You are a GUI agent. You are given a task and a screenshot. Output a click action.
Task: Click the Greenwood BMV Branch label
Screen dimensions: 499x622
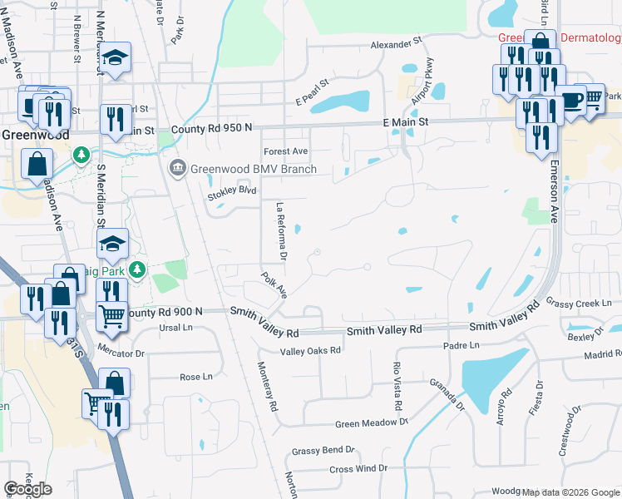pyautogui.click(x=254, y=170)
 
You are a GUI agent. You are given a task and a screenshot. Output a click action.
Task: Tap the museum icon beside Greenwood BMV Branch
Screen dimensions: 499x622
pyautogui.click(x=177, y=169)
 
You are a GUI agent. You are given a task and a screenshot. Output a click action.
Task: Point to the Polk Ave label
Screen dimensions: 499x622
pyautogui.click(x=274, y=284)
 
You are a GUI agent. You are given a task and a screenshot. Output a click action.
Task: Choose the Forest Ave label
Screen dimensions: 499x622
pyautogui.click(x=286, y=151)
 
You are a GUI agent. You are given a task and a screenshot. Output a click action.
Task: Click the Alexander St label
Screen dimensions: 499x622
pyautogui.click(x=397, y=43)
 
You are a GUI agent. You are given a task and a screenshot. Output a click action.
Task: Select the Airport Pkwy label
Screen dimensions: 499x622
pyautogui.click(x=422, y=86)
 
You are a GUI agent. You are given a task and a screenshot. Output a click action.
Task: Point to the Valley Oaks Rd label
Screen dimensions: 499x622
pyautogui.click(x=310, y=350)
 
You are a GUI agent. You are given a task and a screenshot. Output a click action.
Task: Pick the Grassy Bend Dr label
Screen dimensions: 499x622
pyautogui.click(x=323, y=451)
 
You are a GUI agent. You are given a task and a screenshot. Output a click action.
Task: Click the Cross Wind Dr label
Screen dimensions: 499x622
pyautogui.click(x=358, y=468)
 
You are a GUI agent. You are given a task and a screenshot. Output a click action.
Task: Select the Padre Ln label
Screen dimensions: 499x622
pyautogui.click(x=462, y=345)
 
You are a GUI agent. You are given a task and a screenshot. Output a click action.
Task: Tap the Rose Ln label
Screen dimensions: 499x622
pyautogui.click(x=196, y=377)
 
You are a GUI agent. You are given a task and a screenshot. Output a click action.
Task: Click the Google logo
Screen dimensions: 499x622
pyautogui.click(x=28, y=488)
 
